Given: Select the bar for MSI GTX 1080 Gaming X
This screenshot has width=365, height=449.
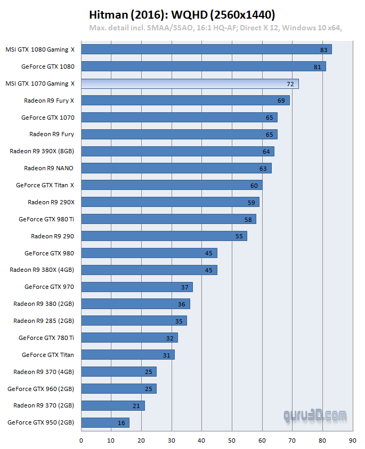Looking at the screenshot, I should coord(206,49).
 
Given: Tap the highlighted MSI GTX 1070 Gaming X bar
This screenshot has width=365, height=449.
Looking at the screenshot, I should coord(190,84).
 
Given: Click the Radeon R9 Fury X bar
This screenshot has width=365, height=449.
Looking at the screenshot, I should coord(185,101).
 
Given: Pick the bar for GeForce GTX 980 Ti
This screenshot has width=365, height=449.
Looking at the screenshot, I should coord(168,219).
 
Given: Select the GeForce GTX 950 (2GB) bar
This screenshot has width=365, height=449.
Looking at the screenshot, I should coord(105,423).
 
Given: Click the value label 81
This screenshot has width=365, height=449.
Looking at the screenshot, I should coord(317,66).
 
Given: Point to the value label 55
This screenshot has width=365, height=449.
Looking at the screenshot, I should coord(239,236).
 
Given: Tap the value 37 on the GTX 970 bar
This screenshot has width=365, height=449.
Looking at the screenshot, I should coord(184,287).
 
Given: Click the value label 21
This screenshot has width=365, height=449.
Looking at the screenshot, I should coord(136,406).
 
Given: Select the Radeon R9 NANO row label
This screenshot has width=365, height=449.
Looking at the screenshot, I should coord(48,168).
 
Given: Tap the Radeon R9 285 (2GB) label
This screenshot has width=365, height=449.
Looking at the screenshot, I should coord(43,321).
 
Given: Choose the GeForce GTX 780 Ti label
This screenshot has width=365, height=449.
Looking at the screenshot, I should coord(46,338).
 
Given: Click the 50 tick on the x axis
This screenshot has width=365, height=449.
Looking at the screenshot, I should coord(232,440).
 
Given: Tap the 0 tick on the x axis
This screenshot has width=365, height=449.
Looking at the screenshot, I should coord(81,440).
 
